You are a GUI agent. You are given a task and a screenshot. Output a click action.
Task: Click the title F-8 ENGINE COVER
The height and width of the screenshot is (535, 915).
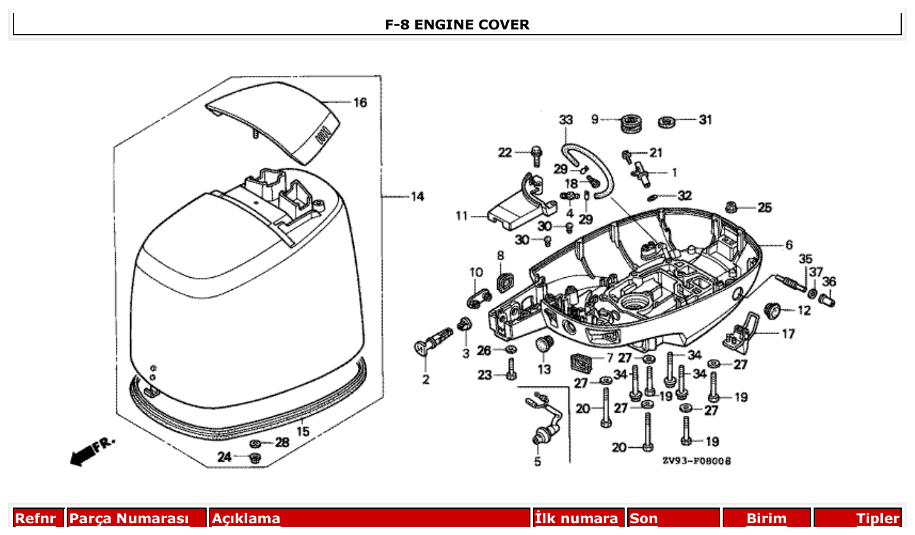point(457,25)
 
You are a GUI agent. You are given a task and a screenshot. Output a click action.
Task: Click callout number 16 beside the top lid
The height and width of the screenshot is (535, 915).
point(360,103)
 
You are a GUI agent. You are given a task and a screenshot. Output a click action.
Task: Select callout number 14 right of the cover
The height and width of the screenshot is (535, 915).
point(417,196)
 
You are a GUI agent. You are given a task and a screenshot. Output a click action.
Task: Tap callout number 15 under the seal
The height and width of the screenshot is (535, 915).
point(303,432)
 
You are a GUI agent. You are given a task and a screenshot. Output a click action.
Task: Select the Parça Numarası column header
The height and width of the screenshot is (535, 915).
point(129,519)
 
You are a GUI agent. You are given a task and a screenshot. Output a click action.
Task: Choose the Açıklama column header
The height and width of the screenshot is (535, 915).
point(246,519)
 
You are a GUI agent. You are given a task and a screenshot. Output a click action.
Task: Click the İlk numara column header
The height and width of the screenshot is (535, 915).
point(576,519)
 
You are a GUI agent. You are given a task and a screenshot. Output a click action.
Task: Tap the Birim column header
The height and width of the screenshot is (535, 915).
point(767,519)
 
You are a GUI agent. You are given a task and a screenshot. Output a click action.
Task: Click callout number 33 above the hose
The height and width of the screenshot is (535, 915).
point(566,120)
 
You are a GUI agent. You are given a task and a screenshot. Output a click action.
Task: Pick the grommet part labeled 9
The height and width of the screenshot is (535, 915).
point(630,122)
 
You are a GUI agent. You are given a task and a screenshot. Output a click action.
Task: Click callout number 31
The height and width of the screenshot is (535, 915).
point(704,120)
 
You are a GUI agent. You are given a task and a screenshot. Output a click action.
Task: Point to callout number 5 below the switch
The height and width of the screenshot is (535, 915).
point(537,462)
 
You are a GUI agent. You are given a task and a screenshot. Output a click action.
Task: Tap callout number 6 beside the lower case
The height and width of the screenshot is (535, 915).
point(789,245)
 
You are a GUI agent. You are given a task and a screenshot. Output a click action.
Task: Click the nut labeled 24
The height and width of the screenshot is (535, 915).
point(256,457)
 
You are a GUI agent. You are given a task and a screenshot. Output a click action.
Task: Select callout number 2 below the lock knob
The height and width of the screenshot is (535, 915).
point(426,380)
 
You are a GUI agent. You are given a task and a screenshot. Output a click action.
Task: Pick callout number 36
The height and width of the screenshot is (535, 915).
point(829,282)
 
